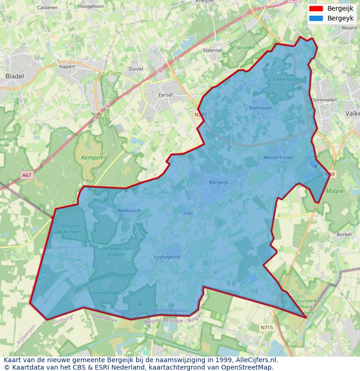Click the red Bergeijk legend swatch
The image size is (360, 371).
tap(316, 9)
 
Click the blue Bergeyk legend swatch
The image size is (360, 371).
tap(316, 18)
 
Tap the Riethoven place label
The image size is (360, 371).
tap(261, 108)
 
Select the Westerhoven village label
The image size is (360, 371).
tap(278, 158)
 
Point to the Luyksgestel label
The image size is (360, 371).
tap(167, 257)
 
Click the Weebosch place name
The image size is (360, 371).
tap(129, 211)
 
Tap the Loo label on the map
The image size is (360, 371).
tap(188, 213)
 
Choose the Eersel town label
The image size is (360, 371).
tap(165, 95)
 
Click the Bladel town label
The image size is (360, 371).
tap(14, 76)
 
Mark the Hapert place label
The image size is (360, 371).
tap(67, 66)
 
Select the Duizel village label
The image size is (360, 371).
tap(136, 68)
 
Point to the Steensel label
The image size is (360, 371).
tap(212, 50)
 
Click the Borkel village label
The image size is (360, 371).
tap(344, 235)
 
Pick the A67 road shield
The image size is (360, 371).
tap(26, 175)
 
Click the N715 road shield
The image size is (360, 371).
tap(267, 327)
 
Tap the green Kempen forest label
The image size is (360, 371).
tap(92, 158)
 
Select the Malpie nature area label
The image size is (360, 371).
tap(334, 191)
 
